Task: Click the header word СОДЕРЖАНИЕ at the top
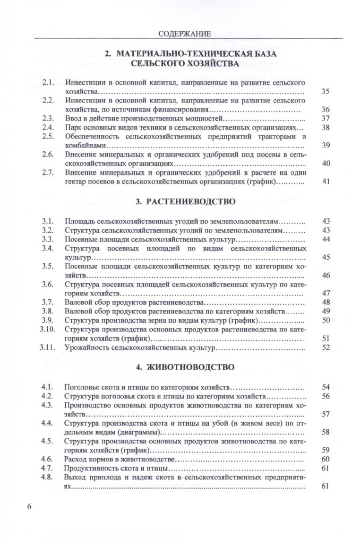pyautogui.click(x=184, y=34)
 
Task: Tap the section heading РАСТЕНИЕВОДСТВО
pyautogui.click(x=185, y=202)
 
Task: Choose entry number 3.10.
pyautogui.click(x=48, y=329)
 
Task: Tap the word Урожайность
pyautogui.click(x=86, y=348)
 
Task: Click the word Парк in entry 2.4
pyautogui.click(x=73, y=127)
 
